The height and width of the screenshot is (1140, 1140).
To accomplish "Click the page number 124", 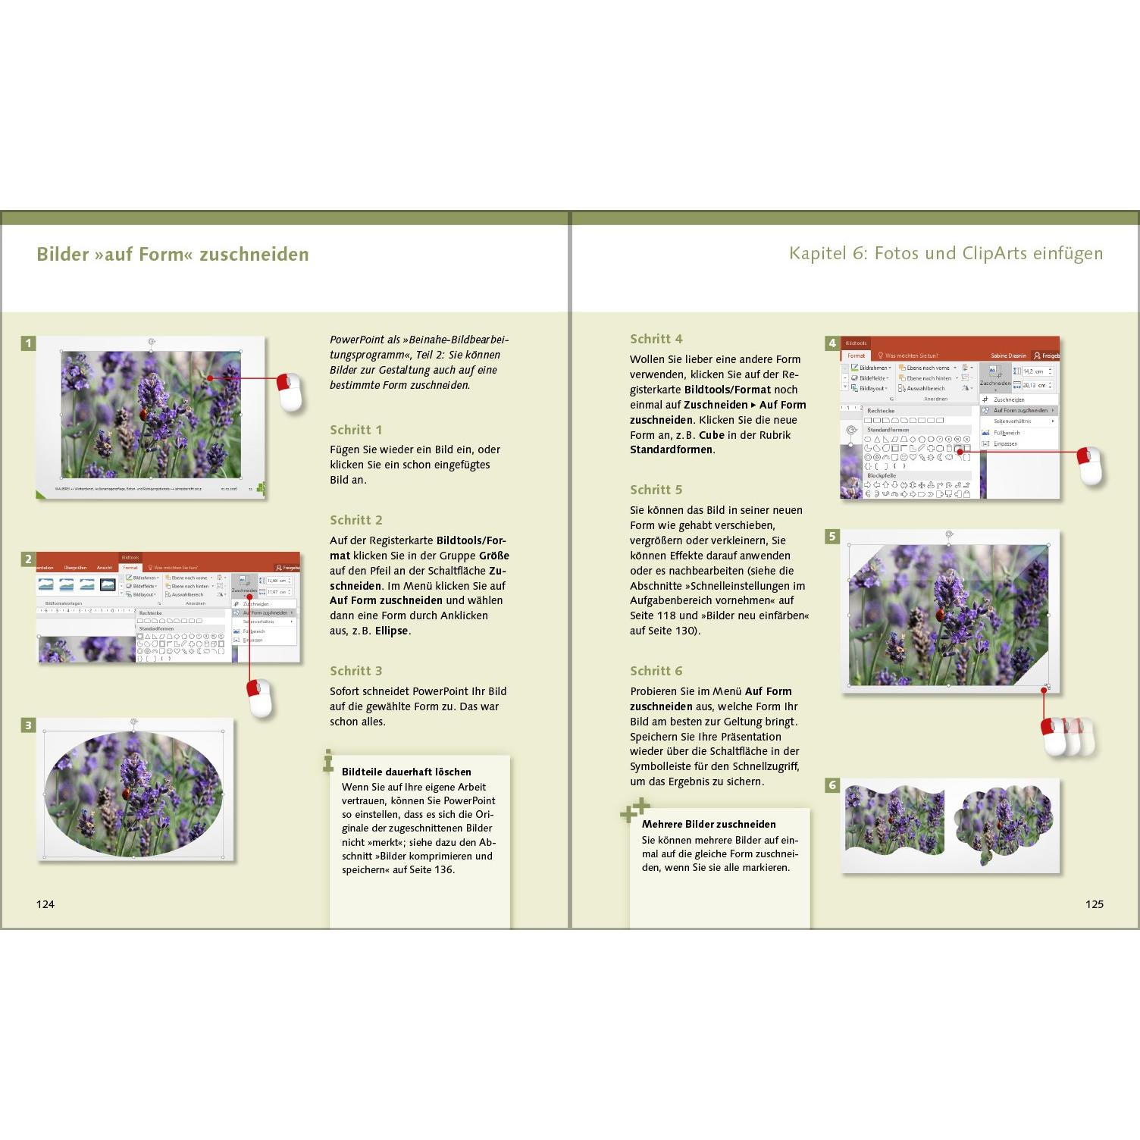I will click(45, 904).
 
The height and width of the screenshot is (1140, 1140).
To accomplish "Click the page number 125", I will click(1094, 904).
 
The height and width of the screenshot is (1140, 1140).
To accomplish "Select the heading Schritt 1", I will click(356, 430).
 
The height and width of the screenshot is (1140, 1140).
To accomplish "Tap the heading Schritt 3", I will click(356, 671).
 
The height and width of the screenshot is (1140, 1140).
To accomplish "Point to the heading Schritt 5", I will click(656, 490).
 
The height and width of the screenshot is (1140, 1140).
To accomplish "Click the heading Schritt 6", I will click(656, 671).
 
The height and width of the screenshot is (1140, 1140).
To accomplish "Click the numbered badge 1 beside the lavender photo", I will click(28, 343).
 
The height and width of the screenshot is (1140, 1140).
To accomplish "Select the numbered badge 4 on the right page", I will click(832, 343).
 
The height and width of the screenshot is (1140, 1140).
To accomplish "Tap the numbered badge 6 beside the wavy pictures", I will click(832, 785).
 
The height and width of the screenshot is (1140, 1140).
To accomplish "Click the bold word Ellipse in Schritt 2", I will click(392, 631).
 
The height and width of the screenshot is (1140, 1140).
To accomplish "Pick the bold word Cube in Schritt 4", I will click(712, 435).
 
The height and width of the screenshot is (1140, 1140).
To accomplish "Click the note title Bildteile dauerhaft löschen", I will click(406, 772).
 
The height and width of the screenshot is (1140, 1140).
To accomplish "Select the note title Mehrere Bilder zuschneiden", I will click(709, 824).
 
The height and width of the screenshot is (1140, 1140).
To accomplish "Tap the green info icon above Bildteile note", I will click(328, 760).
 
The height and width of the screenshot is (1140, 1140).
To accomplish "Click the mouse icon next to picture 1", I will click(290, 392).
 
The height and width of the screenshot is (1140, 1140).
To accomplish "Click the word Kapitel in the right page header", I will click(818, 253).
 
